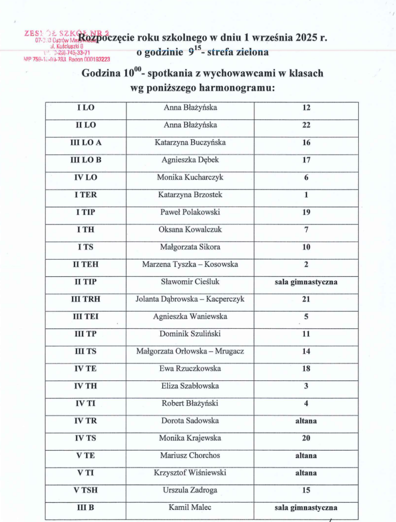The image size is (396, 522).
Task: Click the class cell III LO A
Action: pyautogui.click(x=86, y=143)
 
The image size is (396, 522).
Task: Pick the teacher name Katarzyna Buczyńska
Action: pyautogui.click(x=190, y=143)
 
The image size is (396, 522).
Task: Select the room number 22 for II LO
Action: pyautogui.click(x=306, y=125)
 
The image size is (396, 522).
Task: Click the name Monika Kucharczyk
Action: pyautogui.click(x=190, y=177)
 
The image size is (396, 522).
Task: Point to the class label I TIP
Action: pyautogui.click(x=86, y=212)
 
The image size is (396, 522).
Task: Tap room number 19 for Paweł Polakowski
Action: pyautogui.click(x=306, y=212)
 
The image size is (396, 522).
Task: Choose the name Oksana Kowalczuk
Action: pyautogui.click(x=190, y=229)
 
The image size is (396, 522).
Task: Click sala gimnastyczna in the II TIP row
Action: pyautogui.click(x=306, y=282)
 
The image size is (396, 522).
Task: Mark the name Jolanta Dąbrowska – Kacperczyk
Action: pyautogui.click(x=190, y=299)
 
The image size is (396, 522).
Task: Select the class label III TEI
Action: pyautogui.click(x=86, y=317)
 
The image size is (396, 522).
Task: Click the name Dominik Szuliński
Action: pyautogui.click(x=190, y=334)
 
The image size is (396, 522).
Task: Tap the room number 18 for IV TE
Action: pyautogui.click(x=306, y=369)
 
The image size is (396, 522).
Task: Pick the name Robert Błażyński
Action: pyautogui.click(x=190, y=403)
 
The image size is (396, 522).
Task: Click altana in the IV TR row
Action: pyautogui.click(x=306, y=421)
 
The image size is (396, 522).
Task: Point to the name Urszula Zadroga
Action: pyautogui.click(x=190, y=490)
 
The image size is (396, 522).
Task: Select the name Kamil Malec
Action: pyautogui.click(x=190, y=507)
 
